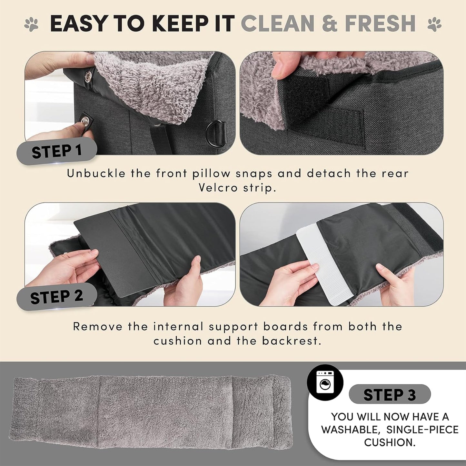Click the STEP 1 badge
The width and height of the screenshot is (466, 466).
tap(57, 151)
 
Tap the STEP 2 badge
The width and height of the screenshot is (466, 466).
tap(57, 297)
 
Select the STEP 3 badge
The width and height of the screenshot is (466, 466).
tap(390, 394)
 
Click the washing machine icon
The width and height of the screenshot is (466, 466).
tap(325, 382)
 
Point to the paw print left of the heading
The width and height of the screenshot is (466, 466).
tap(31, 25)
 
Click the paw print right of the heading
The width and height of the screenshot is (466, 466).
tap(434, 25)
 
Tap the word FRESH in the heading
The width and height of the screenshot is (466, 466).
tap(380, 24)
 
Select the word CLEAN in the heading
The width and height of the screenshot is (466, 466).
tap(277, 24)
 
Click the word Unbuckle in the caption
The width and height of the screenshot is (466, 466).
tap(96, 174)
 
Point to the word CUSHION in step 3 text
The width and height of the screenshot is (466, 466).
tap(390, 442)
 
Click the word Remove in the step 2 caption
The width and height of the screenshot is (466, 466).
tap(97, 326)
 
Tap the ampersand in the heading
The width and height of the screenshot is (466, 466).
tap(329, 24)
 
